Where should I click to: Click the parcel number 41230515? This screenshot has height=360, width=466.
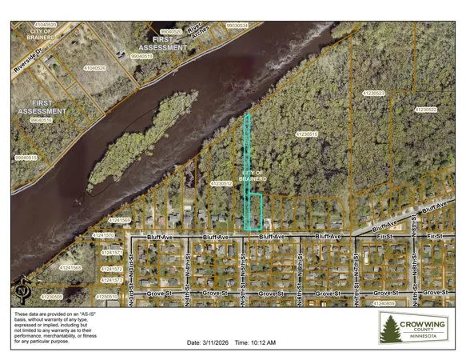click(307, 134)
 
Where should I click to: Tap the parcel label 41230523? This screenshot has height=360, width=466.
click(374, 94)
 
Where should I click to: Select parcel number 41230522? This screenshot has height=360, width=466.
click(426, 108)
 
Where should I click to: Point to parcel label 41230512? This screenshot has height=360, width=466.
click(221, 183)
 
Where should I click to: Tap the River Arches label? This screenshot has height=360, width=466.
click(196, 31)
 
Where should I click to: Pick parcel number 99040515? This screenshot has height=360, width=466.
click(26, 158)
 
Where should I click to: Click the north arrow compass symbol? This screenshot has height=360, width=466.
click(23, 289)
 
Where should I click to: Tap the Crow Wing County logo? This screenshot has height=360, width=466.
click(413, 328)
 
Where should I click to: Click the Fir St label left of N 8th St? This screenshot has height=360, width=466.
click(389, 238)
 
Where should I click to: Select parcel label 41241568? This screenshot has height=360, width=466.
click(71, 267)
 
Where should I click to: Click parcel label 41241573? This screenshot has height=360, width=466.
click(111, 281)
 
